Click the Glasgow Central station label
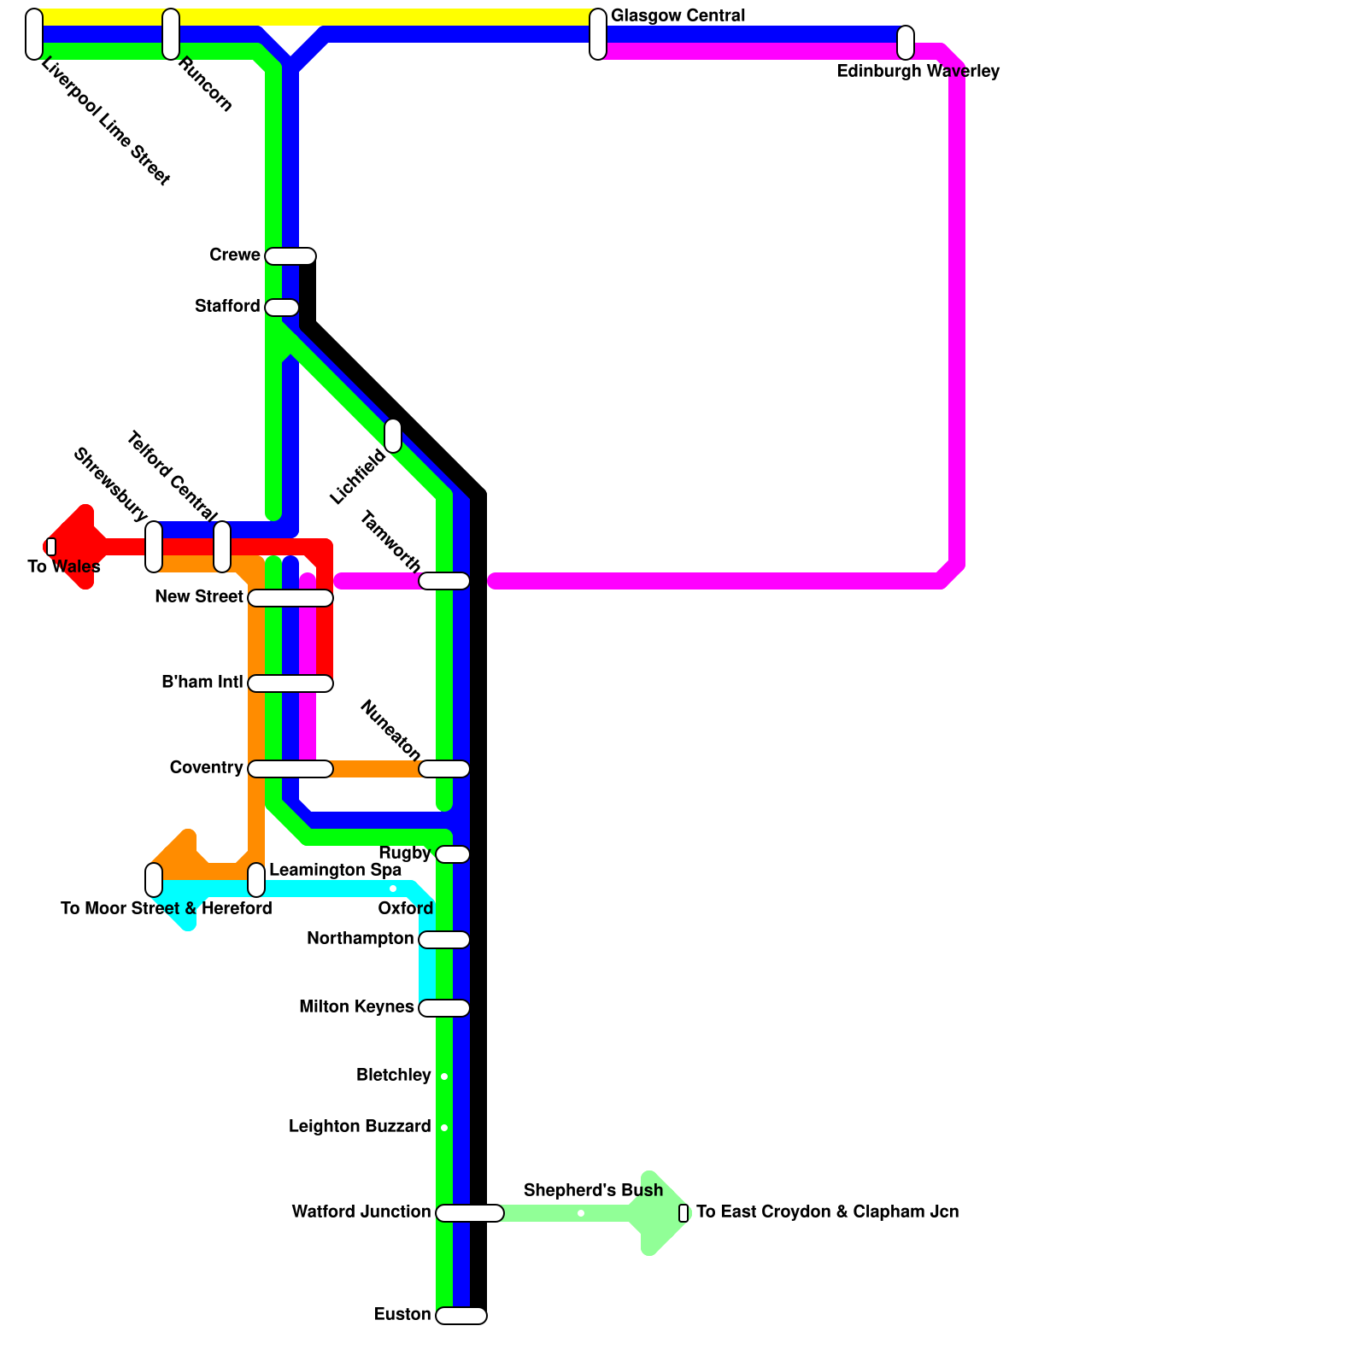pos(678,16)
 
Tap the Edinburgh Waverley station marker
pos(906,43)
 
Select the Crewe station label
pos(235,255)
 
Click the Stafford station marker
pos(282,308)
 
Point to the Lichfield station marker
pos(393,436)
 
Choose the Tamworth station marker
pos(444,581)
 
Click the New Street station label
pos(199,597)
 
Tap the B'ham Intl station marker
pos(290,683)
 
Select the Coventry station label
pos(206,768)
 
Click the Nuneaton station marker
pos(444,769)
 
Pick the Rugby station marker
pos(453,854)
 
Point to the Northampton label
pos(360,939)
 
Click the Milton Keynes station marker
pos(444,1008)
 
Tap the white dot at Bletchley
pos(444,1077)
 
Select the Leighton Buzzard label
pos(360,1127)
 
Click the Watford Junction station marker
pos(470,1213)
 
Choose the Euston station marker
pos(461,1316)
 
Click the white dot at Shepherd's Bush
pos(581,1213)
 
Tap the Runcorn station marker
pos(171,34)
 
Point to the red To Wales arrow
pos(73,547)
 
